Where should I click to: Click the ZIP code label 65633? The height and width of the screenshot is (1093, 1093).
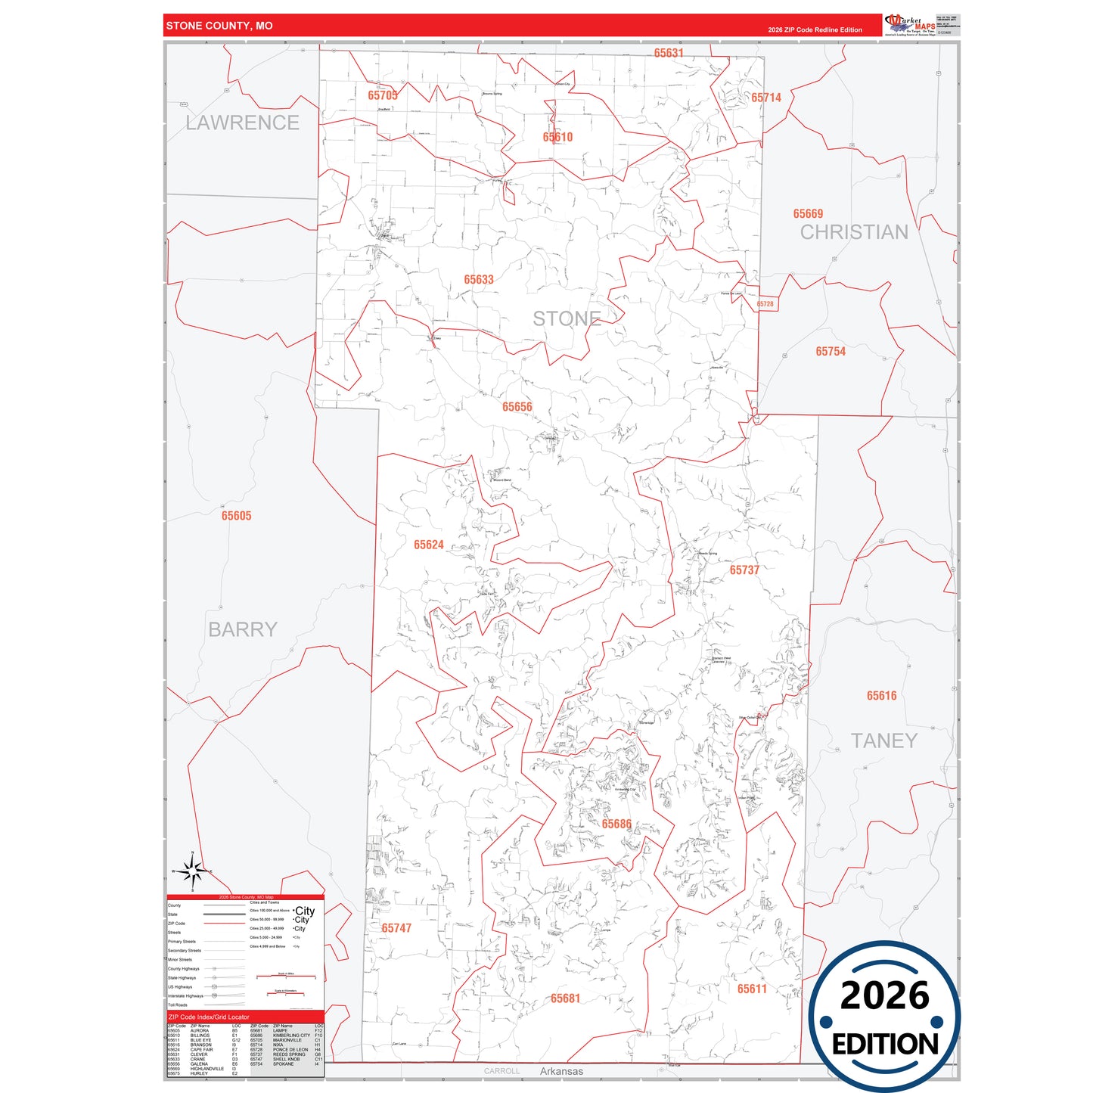[479, 280]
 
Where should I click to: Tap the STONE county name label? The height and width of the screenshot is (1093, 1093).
[567, 319]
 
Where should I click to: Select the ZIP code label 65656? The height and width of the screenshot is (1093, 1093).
[517, 407]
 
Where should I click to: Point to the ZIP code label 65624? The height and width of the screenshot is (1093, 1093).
[429, 545]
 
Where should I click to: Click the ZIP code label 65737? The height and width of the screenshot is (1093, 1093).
[744, 570]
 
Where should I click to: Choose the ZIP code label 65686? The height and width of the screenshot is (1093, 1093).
[616, 824]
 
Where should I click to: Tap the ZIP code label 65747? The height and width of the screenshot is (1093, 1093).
[396, 928]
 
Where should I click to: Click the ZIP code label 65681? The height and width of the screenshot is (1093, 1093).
[565, 998]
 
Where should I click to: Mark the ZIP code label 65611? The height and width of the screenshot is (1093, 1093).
[752, 989]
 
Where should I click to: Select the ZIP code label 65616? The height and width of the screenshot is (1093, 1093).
[881, 696]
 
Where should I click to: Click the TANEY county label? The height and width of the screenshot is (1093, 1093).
[883, 741]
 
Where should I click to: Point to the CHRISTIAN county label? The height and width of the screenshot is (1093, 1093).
[854, 232]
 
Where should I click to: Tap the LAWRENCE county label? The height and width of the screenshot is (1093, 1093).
[242, 123]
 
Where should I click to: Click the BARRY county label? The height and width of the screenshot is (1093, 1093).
[242, 629]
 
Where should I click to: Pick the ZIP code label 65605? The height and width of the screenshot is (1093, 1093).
[236, 516]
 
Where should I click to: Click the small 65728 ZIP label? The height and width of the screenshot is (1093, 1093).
[765, 304]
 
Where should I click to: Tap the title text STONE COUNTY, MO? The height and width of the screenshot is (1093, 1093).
[219, 26]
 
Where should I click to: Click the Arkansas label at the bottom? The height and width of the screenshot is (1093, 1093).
[561, 1071]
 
